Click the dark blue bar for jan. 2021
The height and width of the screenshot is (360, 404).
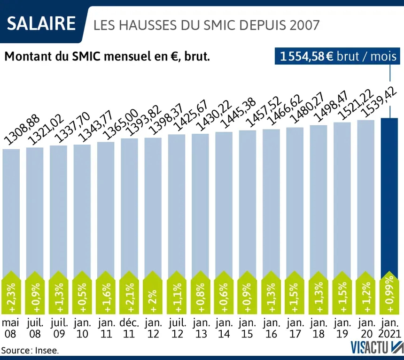pos(391,197)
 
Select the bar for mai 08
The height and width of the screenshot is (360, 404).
pos(11,211)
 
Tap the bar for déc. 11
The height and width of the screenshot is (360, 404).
pos(129,207)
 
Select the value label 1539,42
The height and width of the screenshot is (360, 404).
pos(376,100)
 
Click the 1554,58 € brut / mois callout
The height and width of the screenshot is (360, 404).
pos(338,57)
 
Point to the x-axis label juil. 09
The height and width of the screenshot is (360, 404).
pos(59,328)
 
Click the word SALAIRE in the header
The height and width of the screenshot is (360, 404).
pos(42,23)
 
